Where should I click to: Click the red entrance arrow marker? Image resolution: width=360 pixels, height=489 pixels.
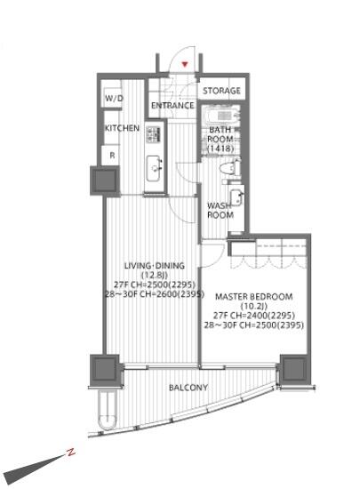pos(185,65)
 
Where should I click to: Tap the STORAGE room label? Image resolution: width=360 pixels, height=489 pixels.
pos(221,91)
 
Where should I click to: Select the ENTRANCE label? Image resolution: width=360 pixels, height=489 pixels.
pos(172,106)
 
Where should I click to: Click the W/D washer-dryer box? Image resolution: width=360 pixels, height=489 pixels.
pos(113,98)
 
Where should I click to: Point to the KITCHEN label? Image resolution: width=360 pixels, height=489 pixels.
pos(122,128)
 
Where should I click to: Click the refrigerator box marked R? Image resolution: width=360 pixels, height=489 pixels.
pos(111,155)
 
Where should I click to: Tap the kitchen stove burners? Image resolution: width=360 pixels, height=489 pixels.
pos(153,134)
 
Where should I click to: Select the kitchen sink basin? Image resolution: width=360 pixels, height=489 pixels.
pos(155,167)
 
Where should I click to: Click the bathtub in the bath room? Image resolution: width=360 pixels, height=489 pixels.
pos(220,116)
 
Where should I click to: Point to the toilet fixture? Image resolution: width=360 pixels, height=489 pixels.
pos(230,169)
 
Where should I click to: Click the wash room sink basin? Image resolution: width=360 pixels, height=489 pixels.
pos(236,197)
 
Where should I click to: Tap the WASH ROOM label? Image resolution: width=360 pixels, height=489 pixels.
pos(220,211)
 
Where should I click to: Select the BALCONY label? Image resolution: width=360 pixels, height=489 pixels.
pos(188,388)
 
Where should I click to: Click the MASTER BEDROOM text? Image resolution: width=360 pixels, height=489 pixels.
pos(253,297)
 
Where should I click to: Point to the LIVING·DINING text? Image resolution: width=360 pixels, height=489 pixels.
pos(155,266)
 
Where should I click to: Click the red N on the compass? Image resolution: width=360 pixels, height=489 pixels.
pos(71,453)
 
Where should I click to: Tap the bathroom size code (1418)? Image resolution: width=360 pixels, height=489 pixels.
pos(220,148)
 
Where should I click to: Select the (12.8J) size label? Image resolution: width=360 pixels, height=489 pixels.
pos(155,276)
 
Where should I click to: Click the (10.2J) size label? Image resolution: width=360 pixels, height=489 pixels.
pos(254,306)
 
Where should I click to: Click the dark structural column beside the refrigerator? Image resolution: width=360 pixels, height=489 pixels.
pos(105,180)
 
